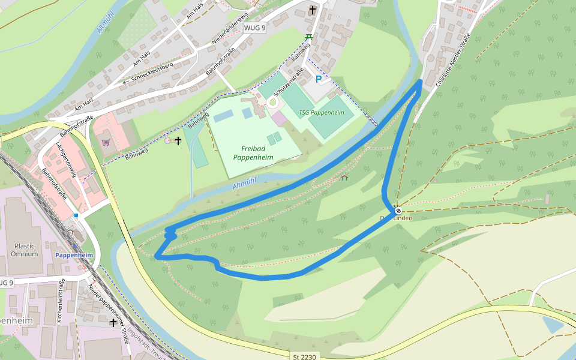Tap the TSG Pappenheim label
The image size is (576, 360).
[321, 112]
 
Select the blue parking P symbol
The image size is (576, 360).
[319, 79]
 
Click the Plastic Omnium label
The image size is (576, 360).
[24, 250]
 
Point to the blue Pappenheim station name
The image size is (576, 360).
[74, 255]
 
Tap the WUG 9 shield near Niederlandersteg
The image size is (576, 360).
[254, 28]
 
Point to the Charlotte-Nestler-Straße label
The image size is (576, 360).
[453, 61]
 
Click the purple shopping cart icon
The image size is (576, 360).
[106, 143]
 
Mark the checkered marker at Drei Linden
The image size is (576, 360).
[398, 210]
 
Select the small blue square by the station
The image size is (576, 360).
[76, 215]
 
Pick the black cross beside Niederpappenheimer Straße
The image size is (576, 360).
[113, 323]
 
